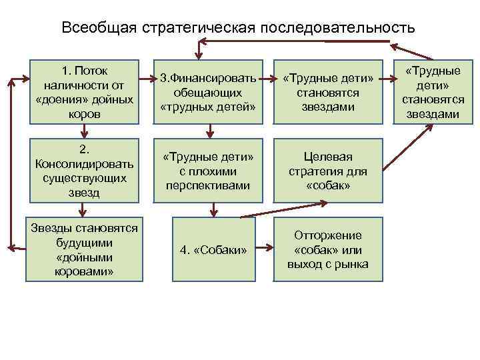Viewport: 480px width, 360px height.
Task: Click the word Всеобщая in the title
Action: tap(99, 28)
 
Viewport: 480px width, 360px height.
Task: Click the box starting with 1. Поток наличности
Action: tap(83, 92)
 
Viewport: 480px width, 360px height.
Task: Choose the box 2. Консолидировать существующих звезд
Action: tap(83, 170)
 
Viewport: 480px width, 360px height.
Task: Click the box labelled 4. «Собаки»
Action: tap(213, 250)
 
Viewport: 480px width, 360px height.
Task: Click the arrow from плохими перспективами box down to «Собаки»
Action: tap(213, 209)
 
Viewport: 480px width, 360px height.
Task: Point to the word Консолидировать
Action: tap(83, 164)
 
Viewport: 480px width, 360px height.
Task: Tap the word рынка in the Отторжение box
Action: tap(351, 264)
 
